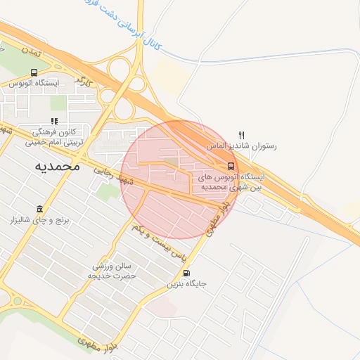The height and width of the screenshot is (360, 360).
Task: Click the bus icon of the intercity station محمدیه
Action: [x=231, y=166]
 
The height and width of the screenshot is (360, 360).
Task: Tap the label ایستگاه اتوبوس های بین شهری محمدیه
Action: [x=229, y=182]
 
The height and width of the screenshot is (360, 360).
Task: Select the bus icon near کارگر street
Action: [x=34, y=72]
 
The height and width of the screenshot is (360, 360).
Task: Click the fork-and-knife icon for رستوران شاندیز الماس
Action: [x=242, y=135]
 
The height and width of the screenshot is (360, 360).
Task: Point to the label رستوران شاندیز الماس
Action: [x=242, y=146]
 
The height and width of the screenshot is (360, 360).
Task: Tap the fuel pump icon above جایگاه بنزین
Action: [x=186, y=274]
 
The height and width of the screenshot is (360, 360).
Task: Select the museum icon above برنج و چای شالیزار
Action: [x=38, y=210]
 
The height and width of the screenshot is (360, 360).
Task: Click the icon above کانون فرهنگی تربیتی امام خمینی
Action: [x=55, y=121]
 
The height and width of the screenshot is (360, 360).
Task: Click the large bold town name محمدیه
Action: [x=58, y=167]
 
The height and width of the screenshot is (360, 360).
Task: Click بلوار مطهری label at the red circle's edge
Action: [x=219, y=215]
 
